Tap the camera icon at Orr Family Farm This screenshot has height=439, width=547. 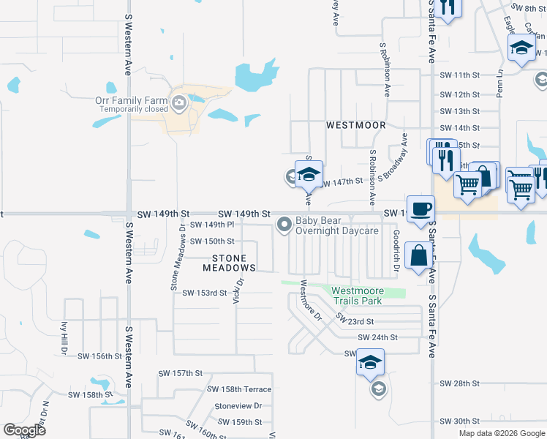tap(179, 102)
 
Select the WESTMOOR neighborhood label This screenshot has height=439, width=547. tap(355, 125)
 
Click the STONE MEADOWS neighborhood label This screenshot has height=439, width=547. tap(235, 263)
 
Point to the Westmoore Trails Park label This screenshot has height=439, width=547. tap(358, 296)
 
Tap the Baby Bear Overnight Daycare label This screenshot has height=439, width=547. tap(336, 225)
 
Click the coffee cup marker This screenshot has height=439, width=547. tap(420, 208)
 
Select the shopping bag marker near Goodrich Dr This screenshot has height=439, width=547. tap(420, 256)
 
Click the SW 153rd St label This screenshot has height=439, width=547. tap(205, 293)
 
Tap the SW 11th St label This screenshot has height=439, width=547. tap(460, 75)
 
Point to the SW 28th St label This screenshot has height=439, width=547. tap(459, 383)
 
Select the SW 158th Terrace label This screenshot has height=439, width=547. tap(239, 389)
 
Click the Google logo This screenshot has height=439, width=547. tap(24, 430)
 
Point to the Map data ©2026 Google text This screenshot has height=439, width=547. tap(501, 433)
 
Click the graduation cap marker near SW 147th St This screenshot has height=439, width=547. tap(309, 173)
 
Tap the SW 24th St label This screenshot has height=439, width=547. tap(377, 337)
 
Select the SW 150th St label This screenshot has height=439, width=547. tap(212, 241)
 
